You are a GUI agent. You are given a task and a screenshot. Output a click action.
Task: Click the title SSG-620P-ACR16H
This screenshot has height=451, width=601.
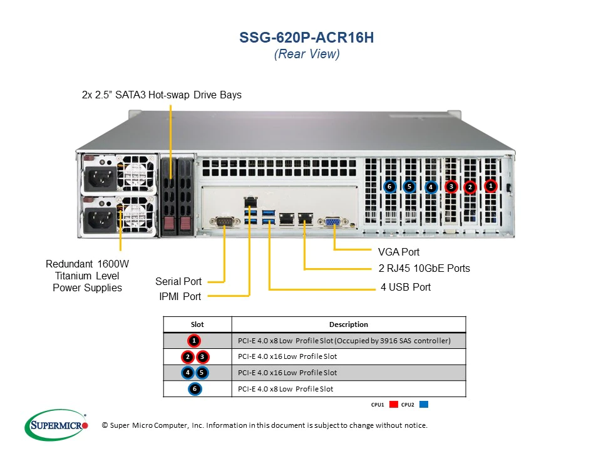tap(307, 38)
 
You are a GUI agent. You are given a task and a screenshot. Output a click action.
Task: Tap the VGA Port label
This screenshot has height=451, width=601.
tap(399, 252)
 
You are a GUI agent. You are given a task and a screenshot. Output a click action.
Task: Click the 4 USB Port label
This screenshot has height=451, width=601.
tap(405, 288)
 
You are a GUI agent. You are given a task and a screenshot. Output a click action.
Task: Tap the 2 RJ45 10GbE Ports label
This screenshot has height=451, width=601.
tap(424, 269)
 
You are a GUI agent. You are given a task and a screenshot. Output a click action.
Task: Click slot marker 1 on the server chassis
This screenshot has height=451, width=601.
tap(491, 185)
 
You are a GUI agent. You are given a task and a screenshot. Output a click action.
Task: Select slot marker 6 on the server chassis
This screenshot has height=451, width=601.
tap(389, 186)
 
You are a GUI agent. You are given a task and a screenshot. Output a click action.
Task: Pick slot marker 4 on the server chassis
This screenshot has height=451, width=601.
tap(431, 187)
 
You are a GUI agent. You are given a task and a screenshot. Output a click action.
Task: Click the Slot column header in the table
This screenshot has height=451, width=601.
tap(197, 324)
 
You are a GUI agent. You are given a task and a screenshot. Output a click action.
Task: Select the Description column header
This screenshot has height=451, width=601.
tap(349, 324)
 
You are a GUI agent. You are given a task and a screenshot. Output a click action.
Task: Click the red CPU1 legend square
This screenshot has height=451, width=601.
tap(394, 405)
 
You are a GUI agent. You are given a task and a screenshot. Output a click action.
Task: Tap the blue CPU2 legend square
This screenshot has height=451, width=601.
tap(424, 405)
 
